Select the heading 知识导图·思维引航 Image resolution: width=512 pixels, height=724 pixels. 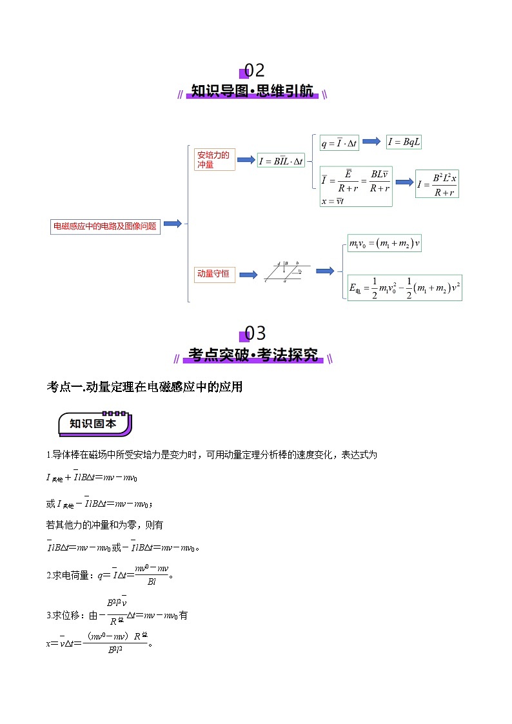tap(252, 92)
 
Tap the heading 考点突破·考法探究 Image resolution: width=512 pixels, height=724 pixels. tap(253, 355)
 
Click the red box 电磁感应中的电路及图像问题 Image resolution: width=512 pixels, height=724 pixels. tap(105, 226)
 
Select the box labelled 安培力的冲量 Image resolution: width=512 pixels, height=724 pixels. tap(214, 159)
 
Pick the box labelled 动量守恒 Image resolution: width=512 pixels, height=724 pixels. tap(214, 273)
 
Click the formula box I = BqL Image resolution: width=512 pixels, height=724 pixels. tap(404, 142)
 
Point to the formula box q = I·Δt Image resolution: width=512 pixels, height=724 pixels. tap(339, 143)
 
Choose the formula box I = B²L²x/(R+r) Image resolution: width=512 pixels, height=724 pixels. tap(437, 184)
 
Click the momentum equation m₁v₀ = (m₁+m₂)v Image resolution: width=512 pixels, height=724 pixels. tap(384, 244)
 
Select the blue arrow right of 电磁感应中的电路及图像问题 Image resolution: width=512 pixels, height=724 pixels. tap(172, 224)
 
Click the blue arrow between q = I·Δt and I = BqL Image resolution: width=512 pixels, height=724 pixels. tap(371, 141)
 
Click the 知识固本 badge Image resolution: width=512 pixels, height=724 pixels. tap(95, 424)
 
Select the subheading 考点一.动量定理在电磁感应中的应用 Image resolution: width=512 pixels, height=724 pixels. tap(144, 387)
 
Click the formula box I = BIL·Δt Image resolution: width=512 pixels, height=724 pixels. tap(281, 161)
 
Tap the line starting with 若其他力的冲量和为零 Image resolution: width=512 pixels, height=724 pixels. tap(104, 525)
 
